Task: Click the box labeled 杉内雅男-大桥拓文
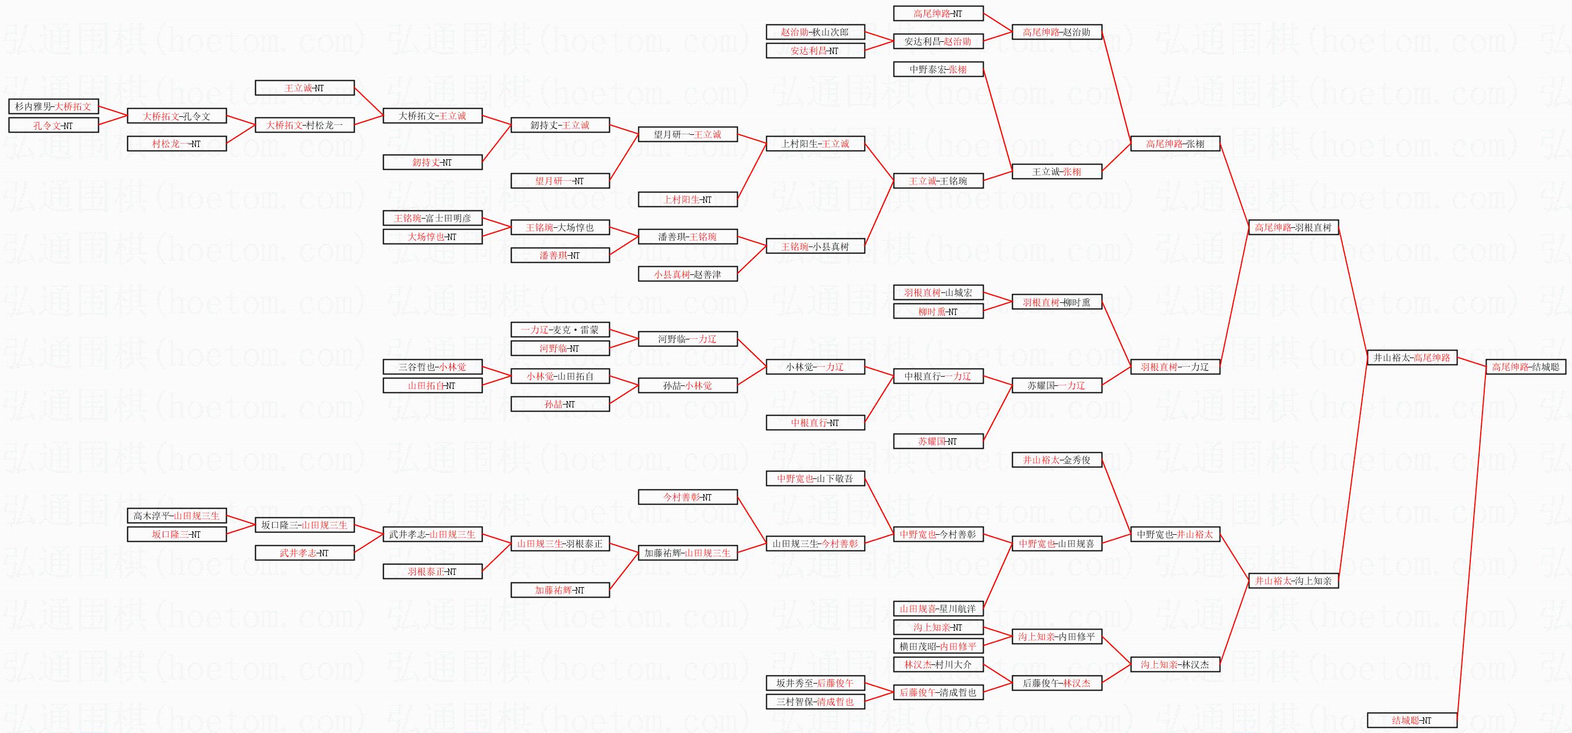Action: pyautogui.click(x=53, y=106)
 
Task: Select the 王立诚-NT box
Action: pyautogui.click(x=304, y=88)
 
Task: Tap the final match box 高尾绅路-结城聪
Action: pyautogui.click(x=1525, y=367)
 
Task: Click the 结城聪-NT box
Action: pyautogui.click(x=1412, y=720)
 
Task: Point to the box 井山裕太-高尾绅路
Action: pyautogui.click(x=1412, y=357)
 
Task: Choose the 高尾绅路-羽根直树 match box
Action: pyautogui.click(x=1293, y=227)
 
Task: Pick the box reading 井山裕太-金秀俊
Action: pyautogui.click(x=1056, y=460)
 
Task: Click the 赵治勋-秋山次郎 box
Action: pyautogui.click(x=814, y=32)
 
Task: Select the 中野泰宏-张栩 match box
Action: pyautogui.click(x=938, y=69)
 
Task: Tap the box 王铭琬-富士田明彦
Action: pyautogui.click(x=432, y=218)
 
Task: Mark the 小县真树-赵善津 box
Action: pyautogui.click(x=687, y=274)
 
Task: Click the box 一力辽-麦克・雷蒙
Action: pyautogui.click(x=560, y=330)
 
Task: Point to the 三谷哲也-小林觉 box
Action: pyautogui.click(x=432, y=367)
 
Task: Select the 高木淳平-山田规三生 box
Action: pyautogui.click(x=176, y=516)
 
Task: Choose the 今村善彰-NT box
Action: pyautogui.click(x=687, y=497)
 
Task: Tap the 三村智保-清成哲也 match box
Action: pyautogui.click(x=814, y=701)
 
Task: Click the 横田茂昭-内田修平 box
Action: pyautogui.click(x=938, y=646)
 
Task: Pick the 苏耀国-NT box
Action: pyautogui.click(x=938, y=441)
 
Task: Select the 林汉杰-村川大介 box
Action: pyautogui.click(x=938, y=664)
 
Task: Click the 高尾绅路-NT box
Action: pyautogui.click(x=938, y=13)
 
